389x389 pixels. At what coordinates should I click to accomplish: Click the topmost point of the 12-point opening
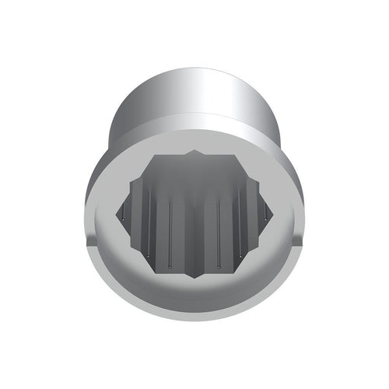point(194,152)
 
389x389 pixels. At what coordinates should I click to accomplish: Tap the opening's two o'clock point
point(261,184)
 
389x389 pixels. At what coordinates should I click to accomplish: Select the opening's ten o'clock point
point(128,184)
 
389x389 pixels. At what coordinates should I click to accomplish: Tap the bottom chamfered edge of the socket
point(194,315)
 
